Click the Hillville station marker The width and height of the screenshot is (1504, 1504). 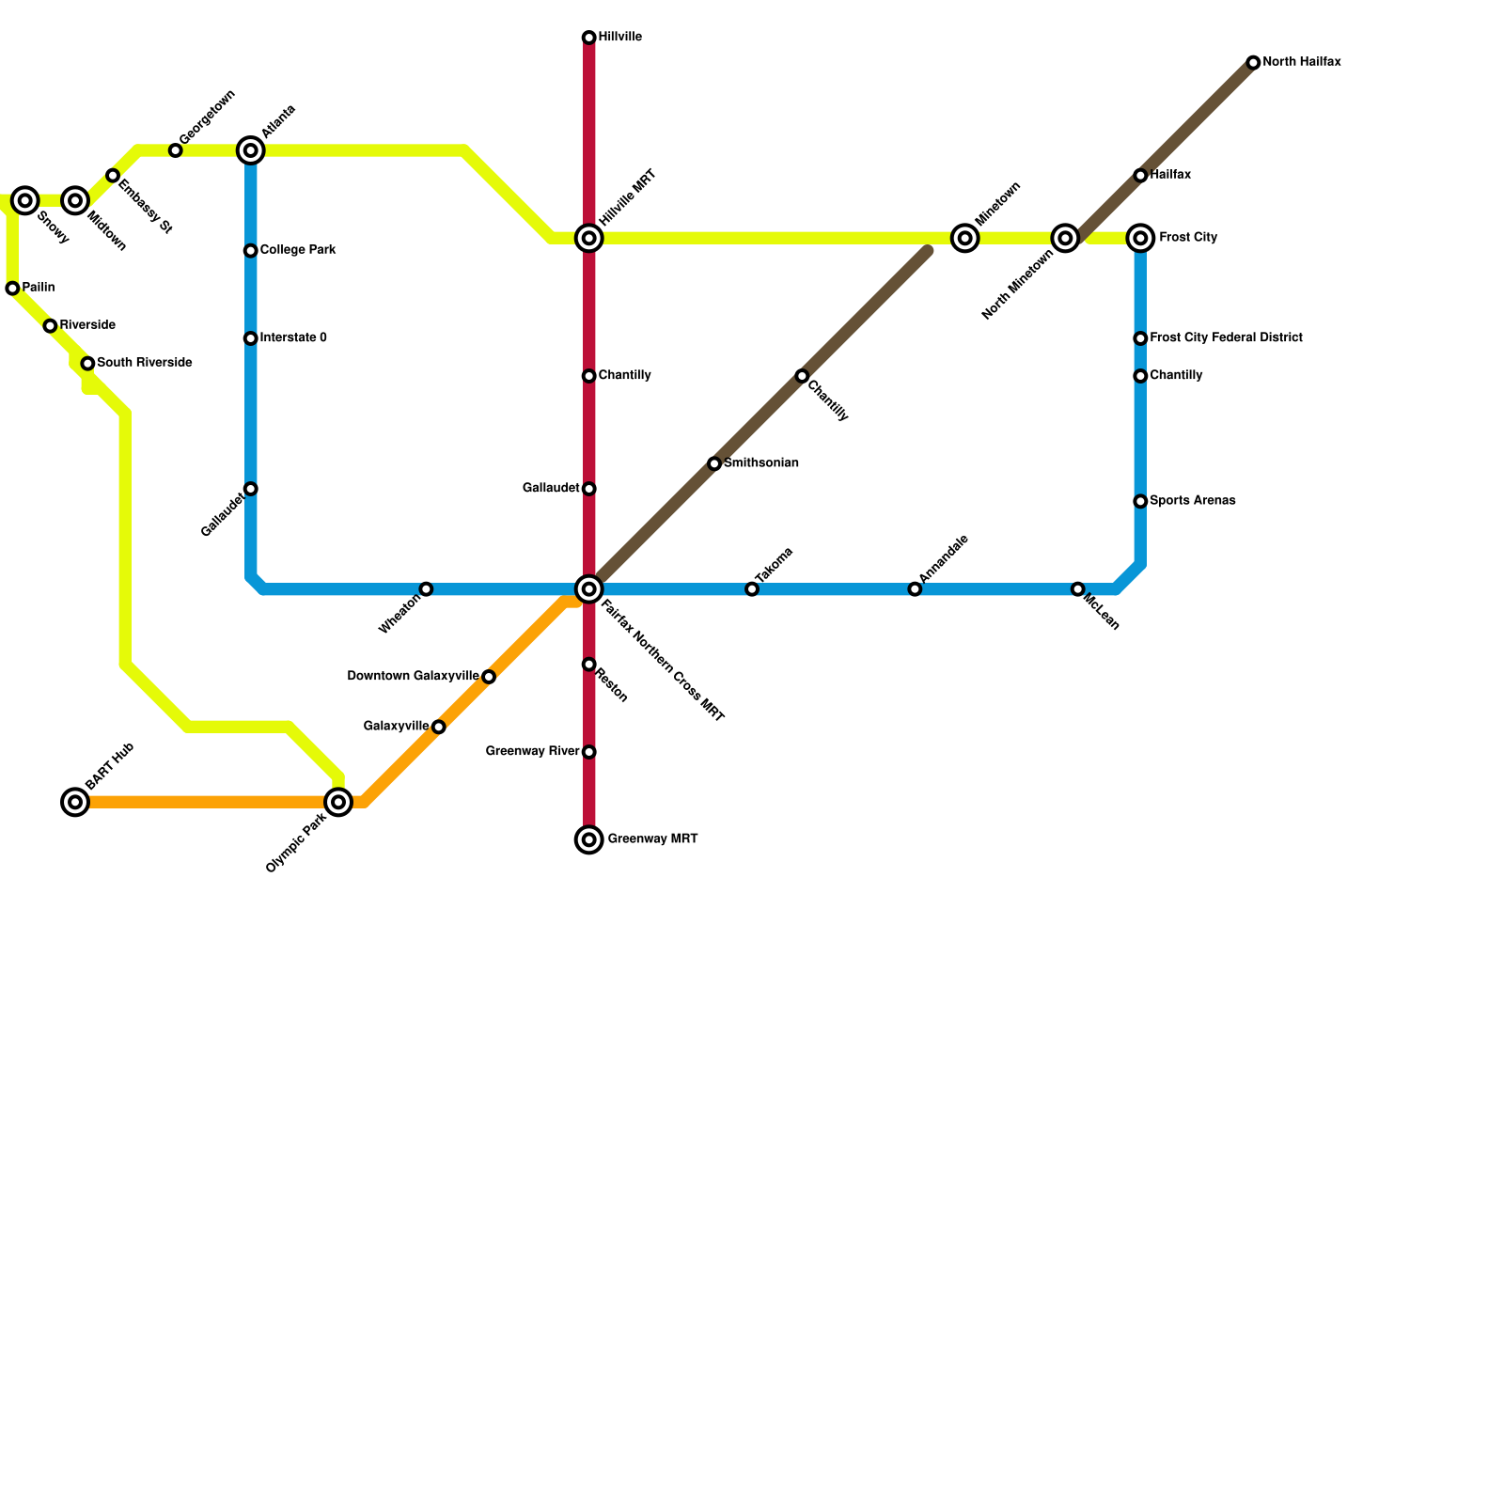pyautogui.click(x=588, y=38)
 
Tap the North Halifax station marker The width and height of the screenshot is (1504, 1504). pyautogui.click(x=1253, y=63)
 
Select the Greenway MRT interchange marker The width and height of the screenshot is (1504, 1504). pyautogui.click(x=588, y=839)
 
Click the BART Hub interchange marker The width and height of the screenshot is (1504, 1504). pyautogui.click(x=75, y=802)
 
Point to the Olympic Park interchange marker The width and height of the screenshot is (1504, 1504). pyautogui.click(x=338, y=802)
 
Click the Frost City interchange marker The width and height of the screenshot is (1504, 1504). pyautogui.click(x=1140, y=238)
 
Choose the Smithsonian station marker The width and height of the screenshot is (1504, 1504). pyautogui.click(x=714, y=463)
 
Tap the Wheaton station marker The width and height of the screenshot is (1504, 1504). pyautogui.click(x=426, y=589)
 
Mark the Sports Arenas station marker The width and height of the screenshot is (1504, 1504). pyautogui.click(x=1140, y=501)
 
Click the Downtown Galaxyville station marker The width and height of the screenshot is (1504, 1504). pyautogui.click(x=489, y=677)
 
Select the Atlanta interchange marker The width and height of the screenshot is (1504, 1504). pyautogui.click(x=251, y=150)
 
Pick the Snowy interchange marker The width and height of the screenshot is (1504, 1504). pyautogui.click(x=25, y=200)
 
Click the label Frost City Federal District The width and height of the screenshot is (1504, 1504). pyautogui.click(x=1226, y=337)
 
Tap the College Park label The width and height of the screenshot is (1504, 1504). pyautogui.click(x=298, y=250)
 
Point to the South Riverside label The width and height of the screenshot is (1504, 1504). pyautogui.click(x=145, y=363)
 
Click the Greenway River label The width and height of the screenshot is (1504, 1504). pyautogui.click(x=532, y=751)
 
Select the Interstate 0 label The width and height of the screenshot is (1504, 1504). pyautogui.click(x=293, y=337)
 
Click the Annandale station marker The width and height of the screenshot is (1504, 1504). pyautogui.click(x=915, y=589)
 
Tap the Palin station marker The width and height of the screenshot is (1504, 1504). pyautogui.click(x=12, y=289)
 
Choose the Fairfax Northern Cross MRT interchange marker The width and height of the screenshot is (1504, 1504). pyautogui.click(x=588, y=589)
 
